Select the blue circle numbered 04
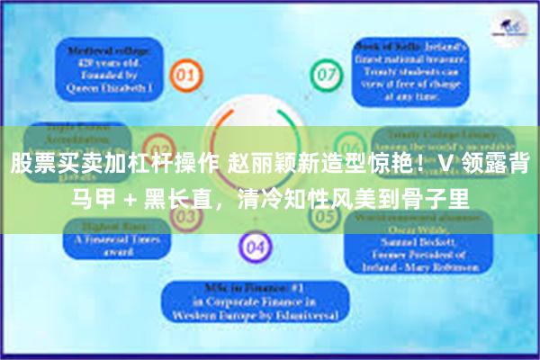(255, 245)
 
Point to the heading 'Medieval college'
(105, 51)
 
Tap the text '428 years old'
(105, 63)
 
